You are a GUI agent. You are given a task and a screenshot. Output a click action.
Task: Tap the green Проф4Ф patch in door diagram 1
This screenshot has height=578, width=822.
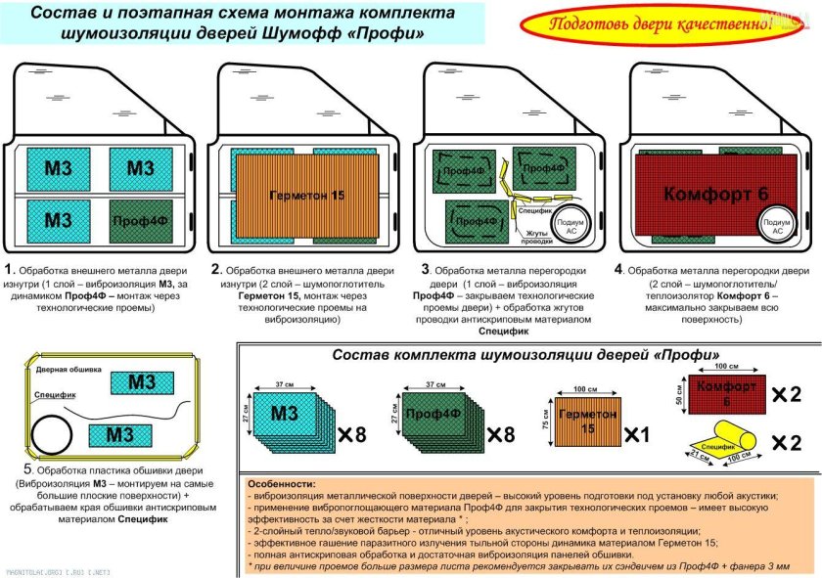[140, 217]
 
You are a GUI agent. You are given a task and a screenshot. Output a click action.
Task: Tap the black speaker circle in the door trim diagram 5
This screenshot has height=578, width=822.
[49, 429]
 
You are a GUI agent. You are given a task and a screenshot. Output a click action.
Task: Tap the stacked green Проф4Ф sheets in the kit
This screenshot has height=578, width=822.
[432, 416]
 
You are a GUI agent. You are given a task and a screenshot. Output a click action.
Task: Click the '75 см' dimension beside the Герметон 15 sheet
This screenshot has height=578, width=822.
[545, 420]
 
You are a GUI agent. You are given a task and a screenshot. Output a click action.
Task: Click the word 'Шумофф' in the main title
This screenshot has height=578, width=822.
[318, 33]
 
